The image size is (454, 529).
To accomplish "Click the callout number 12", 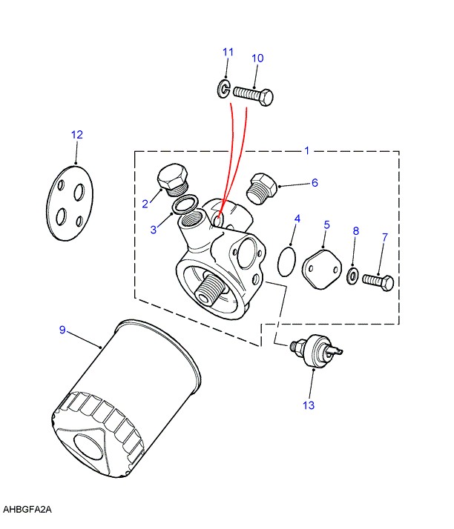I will (77, 135).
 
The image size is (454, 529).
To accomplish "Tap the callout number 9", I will (63, 329).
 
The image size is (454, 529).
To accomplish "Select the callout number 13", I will (309, 405).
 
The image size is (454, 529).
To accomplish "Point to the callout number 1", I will (306, 150).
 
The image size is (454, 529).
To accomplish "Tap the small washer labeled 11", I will (223, 91).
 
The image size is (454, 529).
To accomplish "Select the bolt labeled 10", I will (253, 94).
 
